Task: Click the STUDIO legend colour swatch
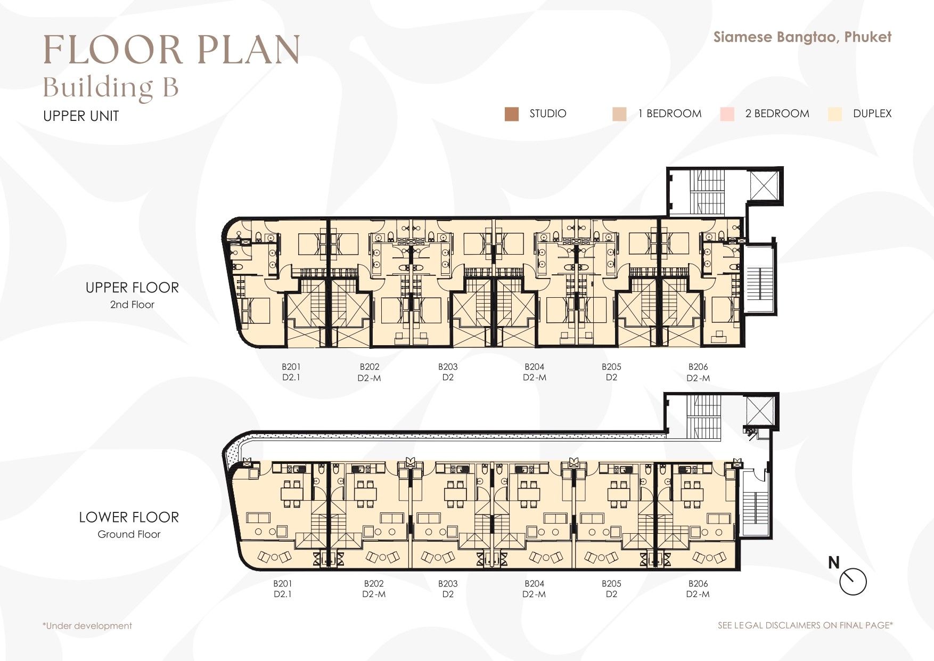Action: [511, 114]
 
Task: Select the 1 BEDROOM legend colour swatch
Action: [619, 114]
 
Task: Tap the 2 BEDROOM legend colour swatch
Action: [727, 114]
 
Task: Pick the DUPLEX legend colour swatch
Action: [835, 114]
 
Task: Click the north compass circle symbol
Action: [853, 582]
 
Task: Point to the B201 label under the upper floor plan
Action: [291, 366]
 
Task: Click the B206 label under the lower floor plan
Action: [698, 583]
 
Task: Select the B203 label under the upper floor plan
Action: [448, 366]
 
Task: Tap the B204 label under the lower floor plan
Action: [534, 583]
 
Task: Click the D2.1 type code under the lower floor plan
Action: [283, 594]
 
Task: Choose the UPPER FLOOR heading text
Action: [132, 288]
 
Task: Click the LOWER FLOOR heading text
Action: [129, 517]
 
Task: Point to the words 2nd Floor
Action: [132, 305]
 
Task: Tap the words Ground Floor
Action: [129, 534]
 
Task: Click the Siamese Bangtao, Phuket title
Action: [802, 37]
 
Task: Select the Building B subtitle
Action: [111, 87]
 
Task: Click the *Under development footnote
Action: [87, 626]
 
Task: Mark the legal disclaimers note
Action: [805, 625]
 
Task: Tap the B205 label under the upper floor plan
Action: [611, 366]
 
